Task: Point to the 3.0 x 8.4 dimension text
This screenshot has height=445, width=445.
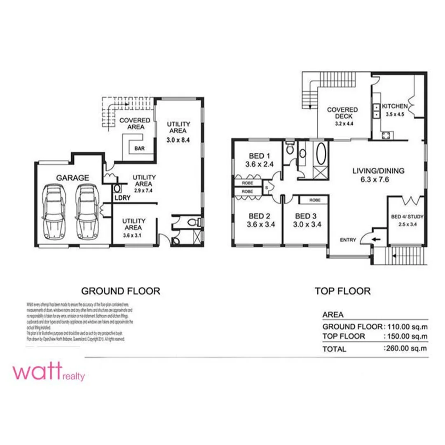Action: click(179, 140)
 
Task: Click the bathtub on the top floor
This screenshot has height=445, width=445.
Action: click(321, 154)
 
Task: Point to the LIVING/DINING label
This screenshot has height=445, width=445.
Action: click(379, 171)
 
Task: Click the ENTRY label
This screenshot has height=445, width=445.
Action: click(348, 240)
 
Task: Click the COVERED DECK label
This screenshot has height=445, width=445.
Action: click(342, 113)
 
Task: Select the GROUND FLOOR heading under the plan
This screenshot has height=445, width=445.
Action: click(120, 291)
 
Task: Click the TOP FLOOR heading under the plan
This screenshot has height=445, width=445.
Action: click(342, 291)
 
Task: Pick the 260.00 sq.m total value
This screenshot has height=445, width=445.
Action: click(405, 349)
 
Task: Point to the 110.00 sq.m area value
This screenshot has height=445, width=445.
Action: click(405, 327)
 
